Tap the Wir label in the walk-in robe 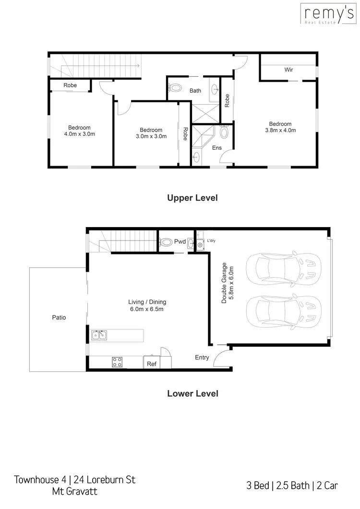click(288, 70)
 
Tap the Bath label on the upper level click(195, 90)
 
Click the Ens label click(217, 148)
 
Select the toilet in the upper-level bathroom click(176, 88)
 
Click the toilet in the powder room click(166, 242)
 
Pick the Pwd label click(180, 242)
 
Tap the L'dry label click(211, 241)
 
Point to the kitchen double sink click(99, 335)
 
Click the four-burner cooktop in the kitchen click(117, 362)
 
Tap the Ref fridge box click(152, 364)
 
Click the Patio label click(59, 317)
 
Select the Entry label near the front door click(202, 357)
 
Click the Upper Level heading click(192, 198)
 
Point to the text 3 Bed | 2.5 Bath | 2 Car click(293, 485)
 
